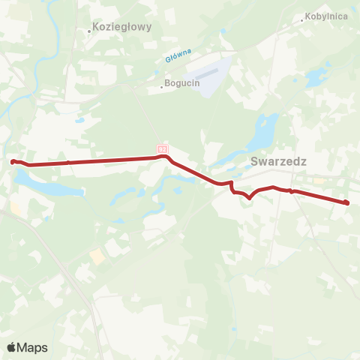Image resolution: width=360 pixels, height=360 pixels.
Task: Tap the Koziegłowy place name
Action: (123, 26)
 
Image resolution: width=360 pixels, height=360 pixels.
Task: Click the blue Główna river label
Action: (178, 55)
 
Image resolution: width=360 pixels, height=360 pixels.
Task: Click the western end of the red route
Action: (13, 160)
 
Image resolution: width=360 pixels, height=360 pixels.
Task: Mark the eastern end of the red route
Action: (346, 202)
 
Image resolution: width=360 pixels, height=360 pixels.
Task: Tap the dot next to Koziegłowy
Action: (89, 31)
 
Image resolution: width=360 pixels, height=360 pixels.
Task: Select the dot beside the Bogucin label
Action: (162, 85)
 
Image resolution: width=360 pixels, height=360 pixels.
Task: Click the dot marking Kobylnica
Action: (302, 20)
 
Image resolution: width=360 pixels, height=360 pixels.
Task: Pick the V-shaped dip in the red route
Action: (249, 197)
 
